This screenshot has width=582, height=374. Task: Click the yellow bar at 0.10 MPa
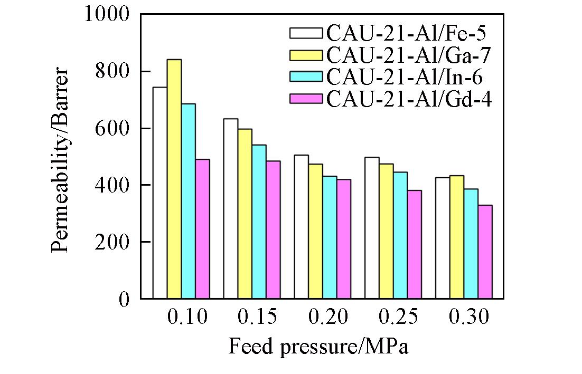[174, 179]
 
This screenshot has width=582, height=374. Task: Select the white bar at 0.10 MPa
[160, 193]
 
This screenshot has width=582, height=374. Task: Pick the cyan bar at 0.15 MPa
[259, 222]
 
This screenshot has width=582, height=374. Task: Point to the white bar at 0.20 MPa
[302, 227]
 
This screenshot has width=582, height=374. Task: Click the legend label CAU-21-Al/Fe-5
[406, 33]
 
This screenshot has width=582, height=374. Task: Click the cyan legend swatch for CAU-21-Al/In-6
[306, 76]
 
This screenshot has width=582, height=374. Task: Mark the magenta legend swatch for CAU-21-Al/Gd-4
[306, 99]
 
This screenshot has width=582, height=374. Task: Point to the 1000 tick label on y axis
[107, 14]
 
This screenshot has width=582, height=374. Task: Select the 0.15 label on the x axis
[258, 317]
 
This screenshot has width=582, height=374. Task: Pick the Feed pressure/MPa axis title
[319, 347]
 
